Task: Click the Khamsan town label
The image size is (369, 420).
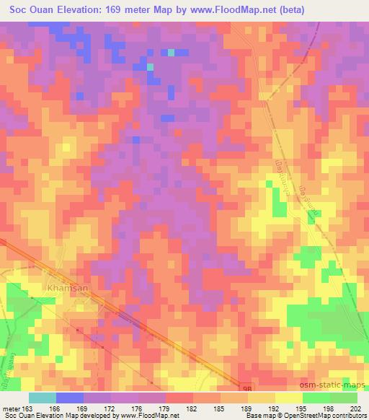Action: point(67,287)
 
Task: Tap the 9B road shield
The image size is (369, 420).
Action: point(245,388)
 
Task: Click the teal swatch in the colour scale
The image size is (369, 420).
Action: point(42,398)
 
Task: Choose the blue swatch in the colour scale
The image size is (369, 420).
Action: point(69,398)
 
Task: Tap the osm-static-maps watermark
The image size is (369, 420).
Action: point(337,383)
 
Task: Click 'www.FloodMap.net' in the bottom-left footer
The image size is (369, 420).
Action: point(149,416)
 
